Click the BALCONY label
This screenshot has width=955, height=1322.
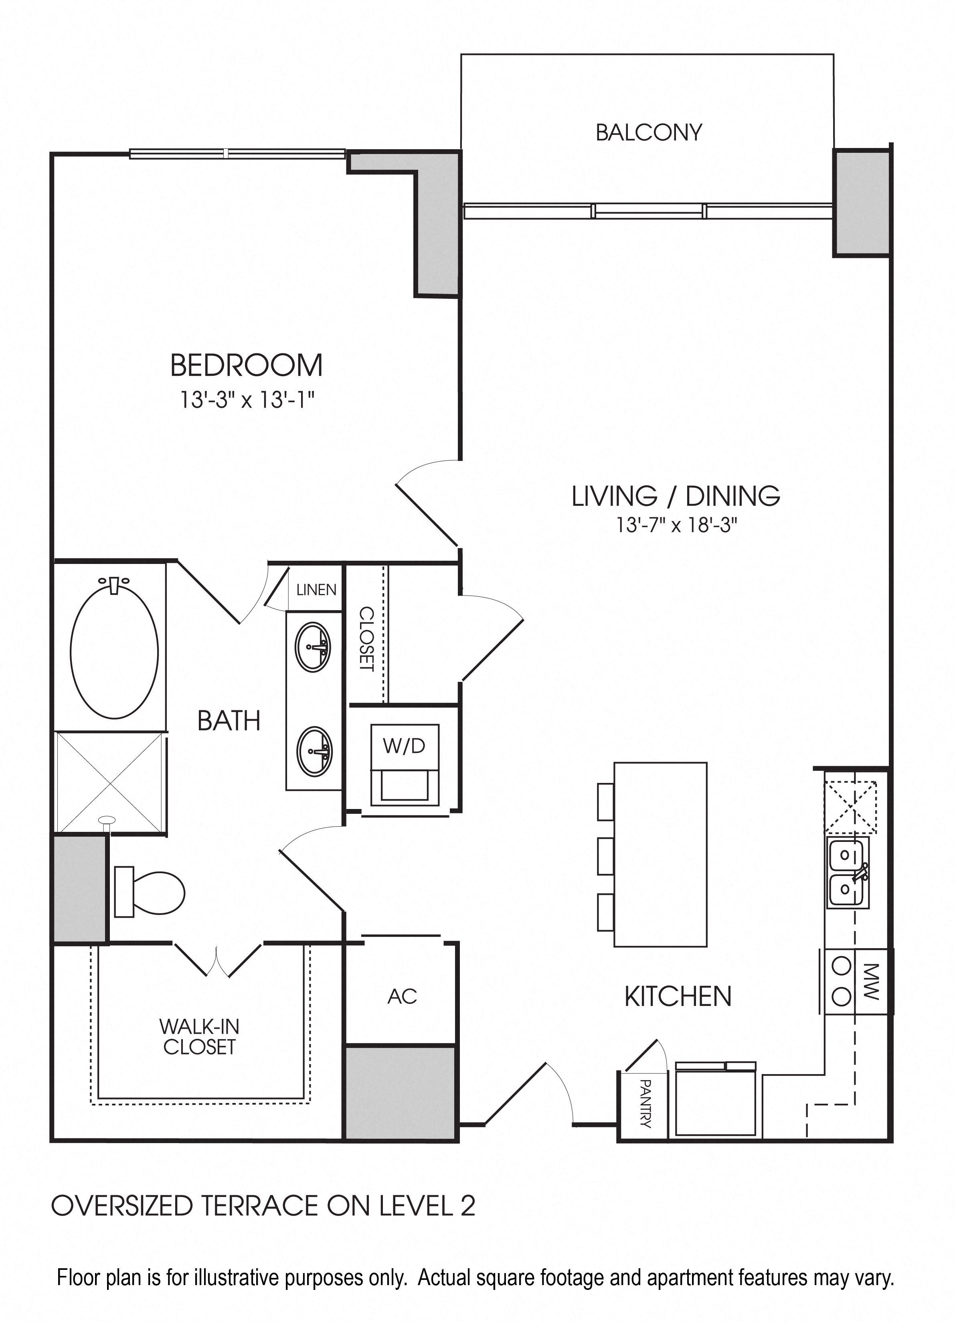click(649, 133)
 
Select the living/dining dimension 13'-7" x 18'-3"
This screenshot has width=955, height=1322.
click(677, 525)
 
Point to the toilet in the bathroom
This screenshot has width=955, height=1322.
click(149, 892)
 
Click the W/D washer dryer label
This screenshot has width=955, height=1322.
click(405, 746)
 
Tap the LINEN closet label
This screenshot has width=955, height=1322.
click(316, 590)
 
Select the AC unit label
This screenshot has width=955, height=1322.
click(402, 996)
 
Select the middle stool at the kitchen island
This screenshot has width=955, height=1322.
click(606, 856)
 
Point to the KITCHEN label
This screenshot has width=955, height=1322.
click(678, 996)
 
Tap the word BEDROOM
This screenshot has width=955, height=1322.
click(247, 365)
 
